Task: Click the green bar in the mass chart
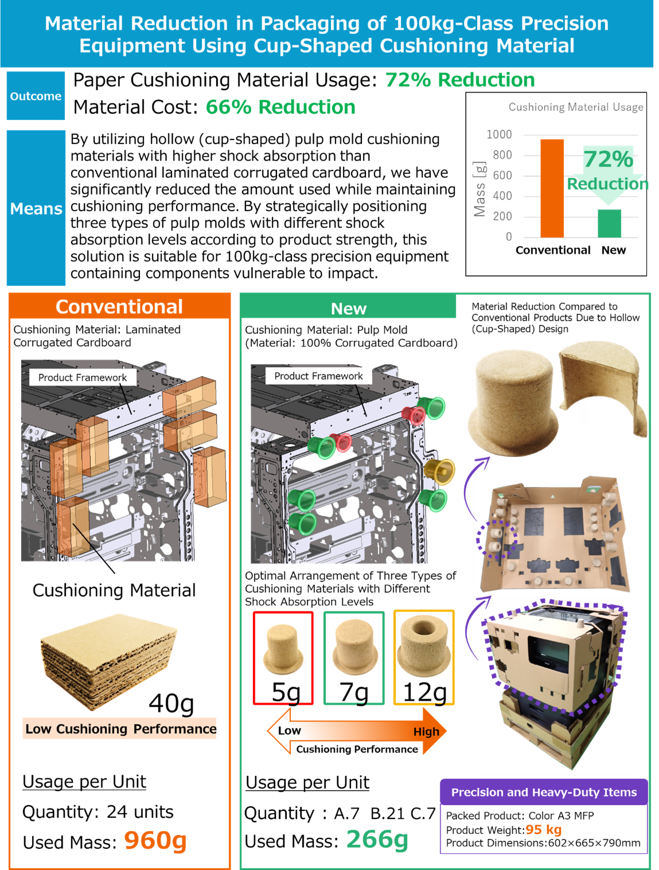(x=609, y=223)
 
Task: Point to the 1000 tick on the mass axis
(x=499, y=134)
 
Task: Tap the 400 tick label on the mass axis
(x=502, y=196)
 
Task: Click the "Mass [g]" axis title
(x=480, y=189)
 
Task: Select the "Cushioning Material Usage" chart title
(x=575, y=107)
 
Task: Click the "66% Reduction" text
(x=280, y=107)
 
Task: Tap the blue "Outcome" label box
(x=36, y=96)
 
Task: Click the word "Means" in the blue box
(x=36, y=209)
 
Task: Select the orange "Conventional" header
(x=119, y=307)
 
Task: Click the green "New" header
(x=348, y=309)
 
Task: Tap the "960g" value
(x=155, y=840)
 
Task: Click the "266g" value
(x=377, y=839)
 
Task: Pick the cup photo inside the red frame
(x=283, y=650)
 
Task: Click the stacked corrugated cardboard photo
(x=109, y=660)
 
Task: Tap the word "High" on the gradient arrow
(x=426, y=731)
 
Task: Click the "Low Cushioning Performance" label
(x=120, y=729)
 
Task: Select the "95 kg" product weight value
(x=543, y=830)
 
